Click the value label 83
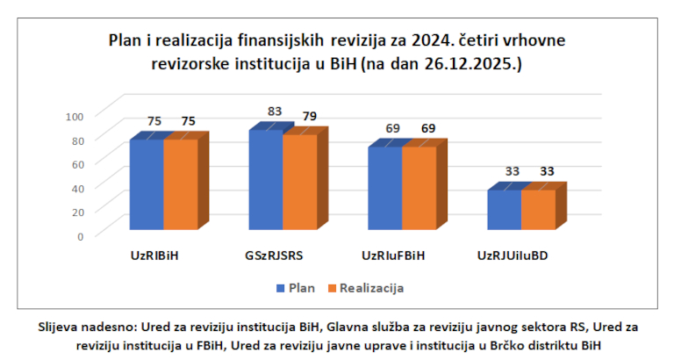276,112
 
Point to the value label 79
310,117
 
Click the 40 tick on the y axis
77,188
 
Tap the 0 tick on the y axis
80,236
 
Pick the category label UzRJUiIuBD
519,256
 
